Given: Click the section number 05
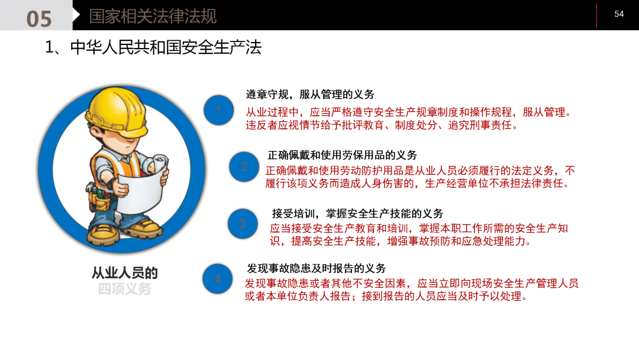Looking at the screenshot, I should coord(39,18).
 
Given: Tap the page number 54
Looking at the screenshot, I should coord(619,14).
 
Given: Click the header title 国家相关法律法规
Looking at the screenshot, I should coord(153,16).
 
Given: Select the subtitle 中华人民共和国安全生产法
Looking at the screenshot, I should coord(166,47).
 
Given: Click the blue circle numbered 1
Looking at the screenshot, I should coord(218,110).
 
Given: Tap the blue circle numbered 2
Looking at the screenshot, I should coord(244,167).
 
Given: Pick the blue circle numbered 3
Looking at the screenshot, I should coord(243,224).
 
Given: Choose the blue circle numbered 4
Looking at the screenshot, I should coord(217,278).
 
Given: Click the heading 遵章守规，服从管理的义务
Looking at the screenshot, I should coord(310,95).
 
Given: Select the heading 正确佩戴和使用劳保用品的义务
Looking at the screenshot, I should coord(342,155).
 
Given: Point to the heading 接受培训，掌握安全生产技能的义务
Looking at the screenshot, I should coord(357,214).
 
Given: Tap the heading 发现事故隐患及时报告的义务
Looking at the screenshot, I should coord(316,268).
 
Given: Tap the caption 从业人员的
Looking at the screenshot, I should coord(124,273).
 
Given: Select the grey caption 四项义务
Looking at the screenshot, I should coord(124,289).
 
